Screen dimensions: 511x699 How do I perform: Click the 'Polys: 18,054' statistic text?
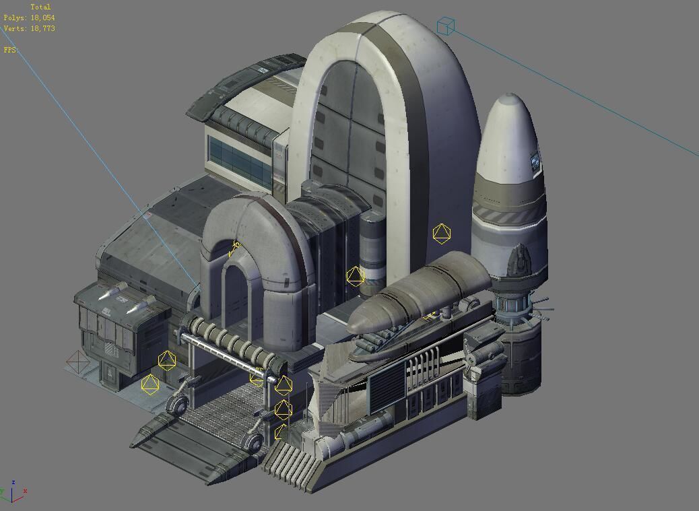tap(29, 18)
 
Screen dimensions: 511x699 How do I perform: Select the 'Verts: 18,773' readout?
tap(29, 29)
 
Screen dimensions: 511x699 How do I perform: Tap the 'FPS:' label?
tap(11, 50)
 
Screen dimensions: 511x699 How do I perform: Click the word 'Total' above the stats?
tap(40, 7)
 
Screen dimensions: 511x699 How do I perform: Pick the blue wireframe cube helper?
tap(446, 26)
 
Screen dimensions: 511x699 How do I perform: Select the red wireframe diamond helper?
tap(78, 363)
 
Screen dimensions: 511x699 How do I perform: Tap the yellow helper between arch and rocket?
tap(441, 234)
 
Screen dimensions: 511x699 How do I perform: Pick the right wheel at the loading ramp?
tap(253, 442)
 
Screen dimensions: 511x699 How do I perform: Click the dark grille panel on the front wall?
tap(386, 383)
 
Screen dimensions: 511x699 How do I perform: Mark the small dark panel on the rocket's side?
tap(535, 161)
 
